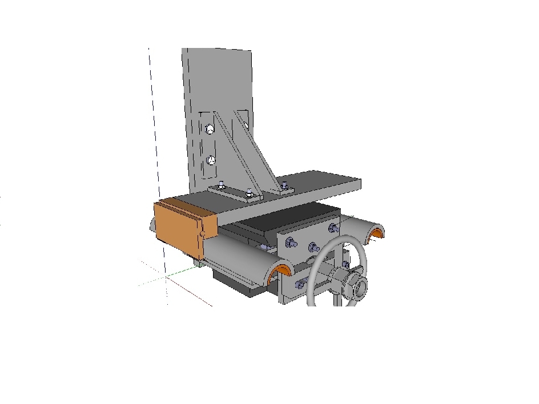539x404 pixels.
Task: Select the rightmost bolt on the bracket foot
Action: coord(284,185)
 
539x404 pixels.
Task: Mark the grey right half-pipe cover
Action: coord(360,227)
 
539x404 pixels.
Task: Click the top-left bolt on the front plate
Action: coord(290,244)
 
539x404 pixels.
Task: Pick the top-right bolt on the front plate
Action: coord(333,229)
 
